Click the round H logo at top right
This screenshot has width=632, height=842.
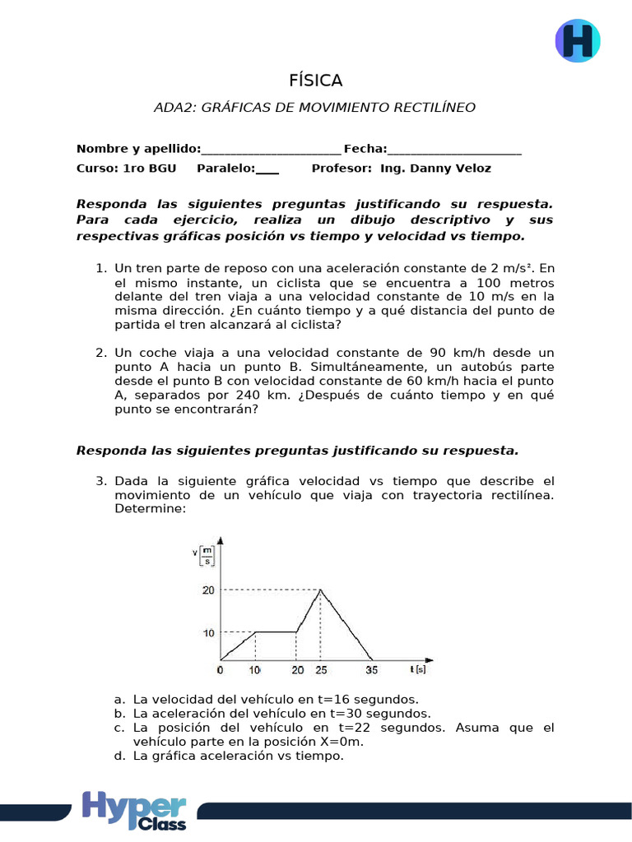pos(578,40)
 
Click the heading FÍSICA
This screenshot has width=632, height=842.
pos(315,81)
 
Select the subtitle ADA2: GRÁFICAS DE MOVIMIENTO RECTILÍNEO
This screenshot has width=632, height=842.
pos(315,107)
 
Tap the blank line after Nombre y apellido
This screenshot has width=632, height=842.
pos(271,149)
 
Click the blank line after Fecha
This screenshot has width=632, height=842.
pos(454,149)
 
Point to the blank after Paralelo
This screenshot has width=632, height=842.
pos(267,169)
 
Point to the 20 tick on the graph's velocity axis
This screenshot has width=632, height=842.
pos(207,590)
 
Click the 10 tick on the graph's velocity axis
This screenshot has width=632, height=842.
pos(207,632)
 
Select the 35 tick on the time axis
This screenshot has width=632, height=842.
pos(372,670)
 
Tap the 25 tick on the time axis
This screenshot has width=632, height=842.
pos(320,670)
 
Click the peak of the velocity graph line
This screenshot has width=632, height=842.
pos(320,589)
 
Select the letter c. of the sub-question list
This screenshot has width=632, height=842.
pos(120,728)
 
